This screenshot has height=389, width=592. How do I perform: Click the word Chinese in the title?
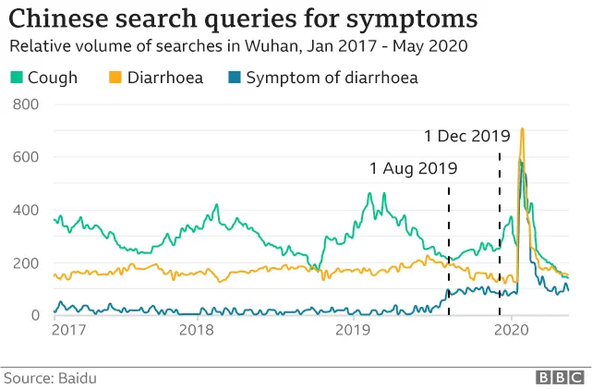coord(61,18)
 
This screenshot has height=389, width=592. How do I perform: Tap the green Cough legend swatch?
coord(15,78)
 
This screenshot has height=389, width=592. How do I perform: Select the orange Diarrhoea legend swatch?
coord(115,78)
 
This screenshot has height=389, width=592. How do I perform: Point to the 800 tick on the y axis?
coord(26,104)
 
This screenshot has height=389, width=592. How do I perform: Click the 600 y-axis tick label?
coord(26,157)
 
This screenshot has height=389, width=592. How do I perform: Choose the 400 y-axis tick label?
coord(26,210)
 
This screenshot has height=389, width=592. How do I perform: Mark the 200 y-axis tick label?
coord(26,262)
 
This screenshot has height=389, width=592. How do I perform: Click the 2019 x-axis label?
coord(353,329)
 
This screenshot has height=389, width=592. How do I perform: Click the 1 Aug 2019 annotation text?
coord(413,168)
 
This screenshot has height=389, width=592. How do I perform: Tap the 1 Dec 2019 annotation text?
coord(466,136)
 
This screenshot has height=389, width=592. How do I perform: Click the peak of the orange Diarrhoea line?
coord(523,129)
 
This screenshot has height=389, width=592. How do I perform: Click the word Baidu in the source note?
coord(77,378)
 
